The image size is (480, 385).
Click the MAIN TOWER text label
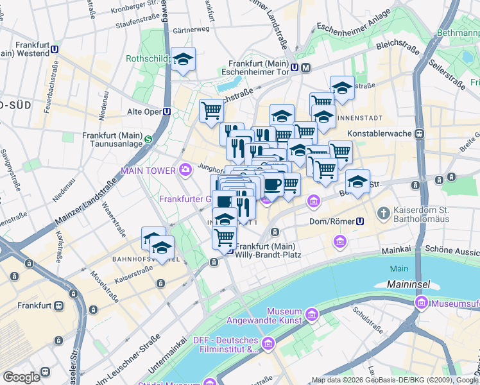[x=149, y=171]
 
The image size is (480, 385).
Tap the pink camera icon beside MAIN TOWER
[x=185, y=170]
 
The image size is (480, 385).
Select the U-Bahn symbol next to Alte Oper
[x=167, y=112]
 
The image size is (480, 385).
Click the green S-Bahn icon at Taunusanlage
[x=148, y=139]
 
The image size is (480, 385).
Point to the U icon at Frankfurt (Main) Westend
[x=55, y=49]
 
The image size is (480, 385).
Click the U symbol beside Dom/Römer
[x=360, y=221]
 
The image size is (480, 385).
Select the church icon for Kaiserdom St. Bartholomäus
[x=383, y=212]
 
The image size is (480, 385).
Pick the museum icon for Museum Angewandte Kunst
[x=312, y=314]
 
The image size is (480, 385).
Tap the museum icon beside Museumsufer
[x=422, y=302]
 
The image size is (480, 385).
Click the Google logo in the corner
[x=21, y=377]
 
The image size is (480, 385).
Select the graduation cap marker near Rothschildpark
[x=184, y=60]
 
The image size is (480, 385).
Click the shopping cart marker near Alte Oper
[x=210, y=110]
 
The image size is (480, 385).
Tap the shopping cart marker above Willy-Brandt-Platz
[x=224, y=237]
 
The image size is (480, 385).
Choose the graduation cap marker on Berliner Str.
[x=357, y=181]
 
